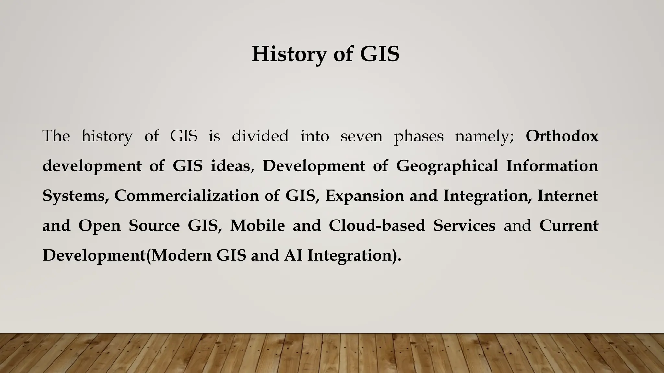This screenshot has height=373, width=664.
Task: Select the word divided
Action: (x=260, y=136)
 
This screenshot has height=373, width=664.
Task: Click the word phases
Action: (x=419, y=136)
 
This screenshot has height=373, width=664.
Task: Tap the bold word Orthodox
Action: (x=562, y=136)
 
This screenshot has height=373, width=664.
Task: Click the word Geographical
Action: (x=447, y=166)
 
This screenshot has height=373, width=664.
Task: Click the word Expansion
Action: (x=364, y=196)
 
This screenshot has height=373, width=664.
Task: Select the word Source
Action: (x=154, y=225)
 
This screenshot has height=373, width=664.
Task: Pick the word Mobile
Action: (x=257, y=225)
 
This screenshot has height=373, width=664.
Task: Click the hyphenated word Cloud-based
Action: (x=377, y=225)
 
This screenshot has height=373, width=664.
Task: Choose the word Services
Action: (x=464, y=225)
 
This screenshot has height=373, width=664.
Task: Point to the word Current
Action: (x=569, y=225)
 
